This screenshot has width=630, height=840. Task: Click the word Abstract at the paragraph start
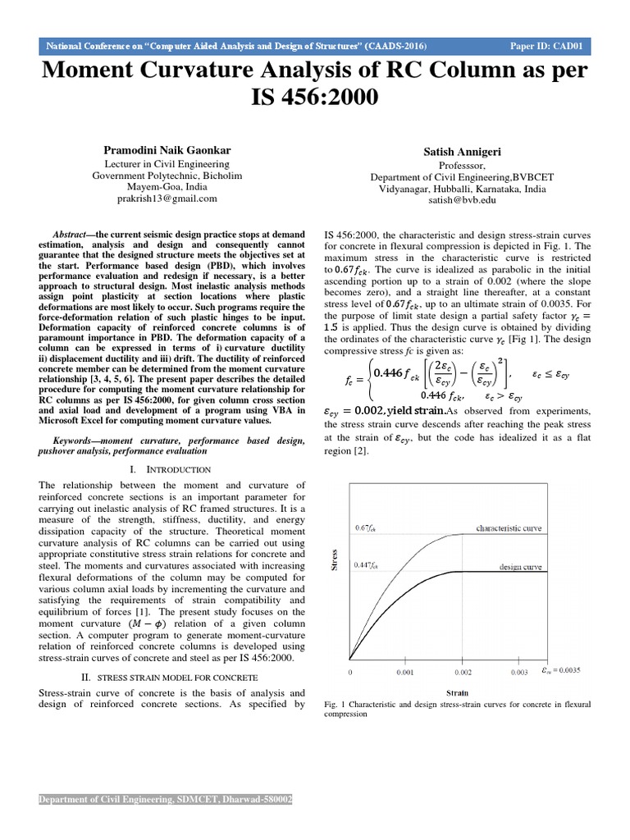(69, 235)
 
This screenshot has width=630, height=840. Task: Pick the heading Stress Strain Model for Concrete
(178, 678)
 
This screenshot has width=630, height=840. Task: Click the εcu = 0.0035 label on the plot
(562, 671)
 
